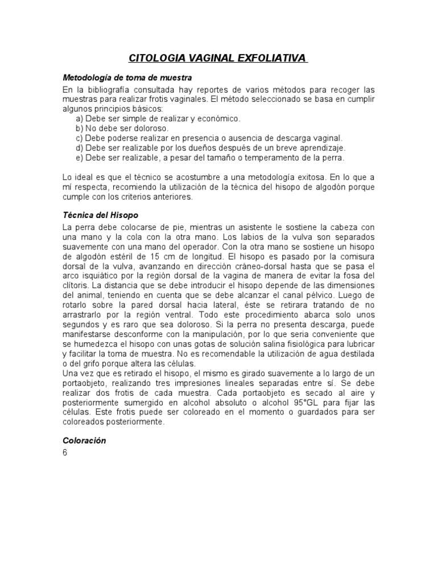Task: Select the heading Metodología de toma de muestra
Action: pos(127,77)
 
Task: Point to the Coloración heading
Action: pos(84,441)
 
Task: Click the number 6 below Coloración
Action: pos(65,453)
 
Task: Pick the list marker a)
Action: pos(79,118)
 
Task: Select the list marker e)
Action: pos(79,157)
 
